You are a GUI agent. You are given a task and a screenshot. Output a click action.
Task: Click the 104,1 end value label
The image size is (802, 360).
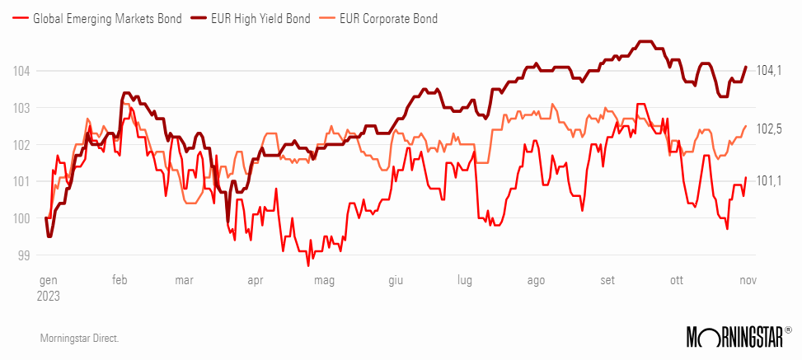(x=768, y=71)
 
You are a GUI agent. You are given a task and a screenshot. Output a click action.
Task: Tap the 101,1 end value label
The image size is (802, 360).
(x=768, y=180)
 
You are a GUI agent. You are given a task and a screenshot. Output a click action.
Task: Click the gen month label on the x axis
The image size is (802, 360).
(x=48, y=280)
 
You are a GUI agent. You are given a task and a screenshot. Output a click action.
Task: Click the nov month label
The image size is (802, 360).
(x=746, y=280)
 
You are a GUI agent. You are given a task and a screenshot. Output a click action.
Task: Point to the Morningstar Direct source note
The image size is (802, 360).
(x=79, y=338)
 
